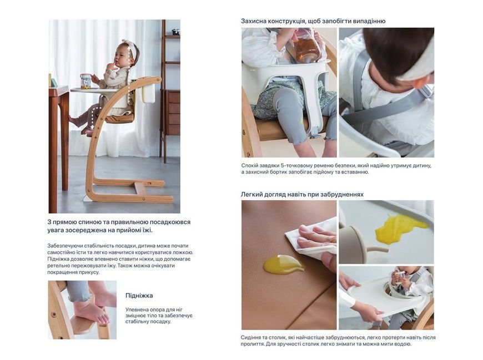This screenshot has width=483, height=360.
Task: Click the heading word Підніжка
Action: [139, 296]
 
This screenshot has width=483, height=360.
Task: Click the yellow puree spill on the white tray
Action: [399, 227]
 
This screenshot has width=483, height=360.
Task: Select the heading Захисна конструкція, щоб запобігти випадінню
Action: [313, 21]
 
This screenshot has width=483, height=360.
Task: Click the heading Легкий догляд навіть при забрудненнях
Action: [302, 195]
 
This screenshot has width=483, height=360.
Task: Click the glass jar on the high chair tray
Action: [85, 81]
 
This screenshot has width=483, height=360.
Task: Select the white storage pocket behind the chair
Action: [147, 93]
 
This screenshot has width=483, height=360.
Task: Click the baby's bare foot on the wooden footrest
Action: [92, 311]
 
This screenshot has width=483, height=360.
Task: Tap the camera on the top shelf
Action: [175, 32]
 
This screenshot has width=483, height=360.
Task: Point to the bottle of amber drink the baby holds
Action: [307, 45]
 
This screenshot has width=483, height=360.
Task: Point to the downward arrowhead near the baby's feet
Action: [92, 128]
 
